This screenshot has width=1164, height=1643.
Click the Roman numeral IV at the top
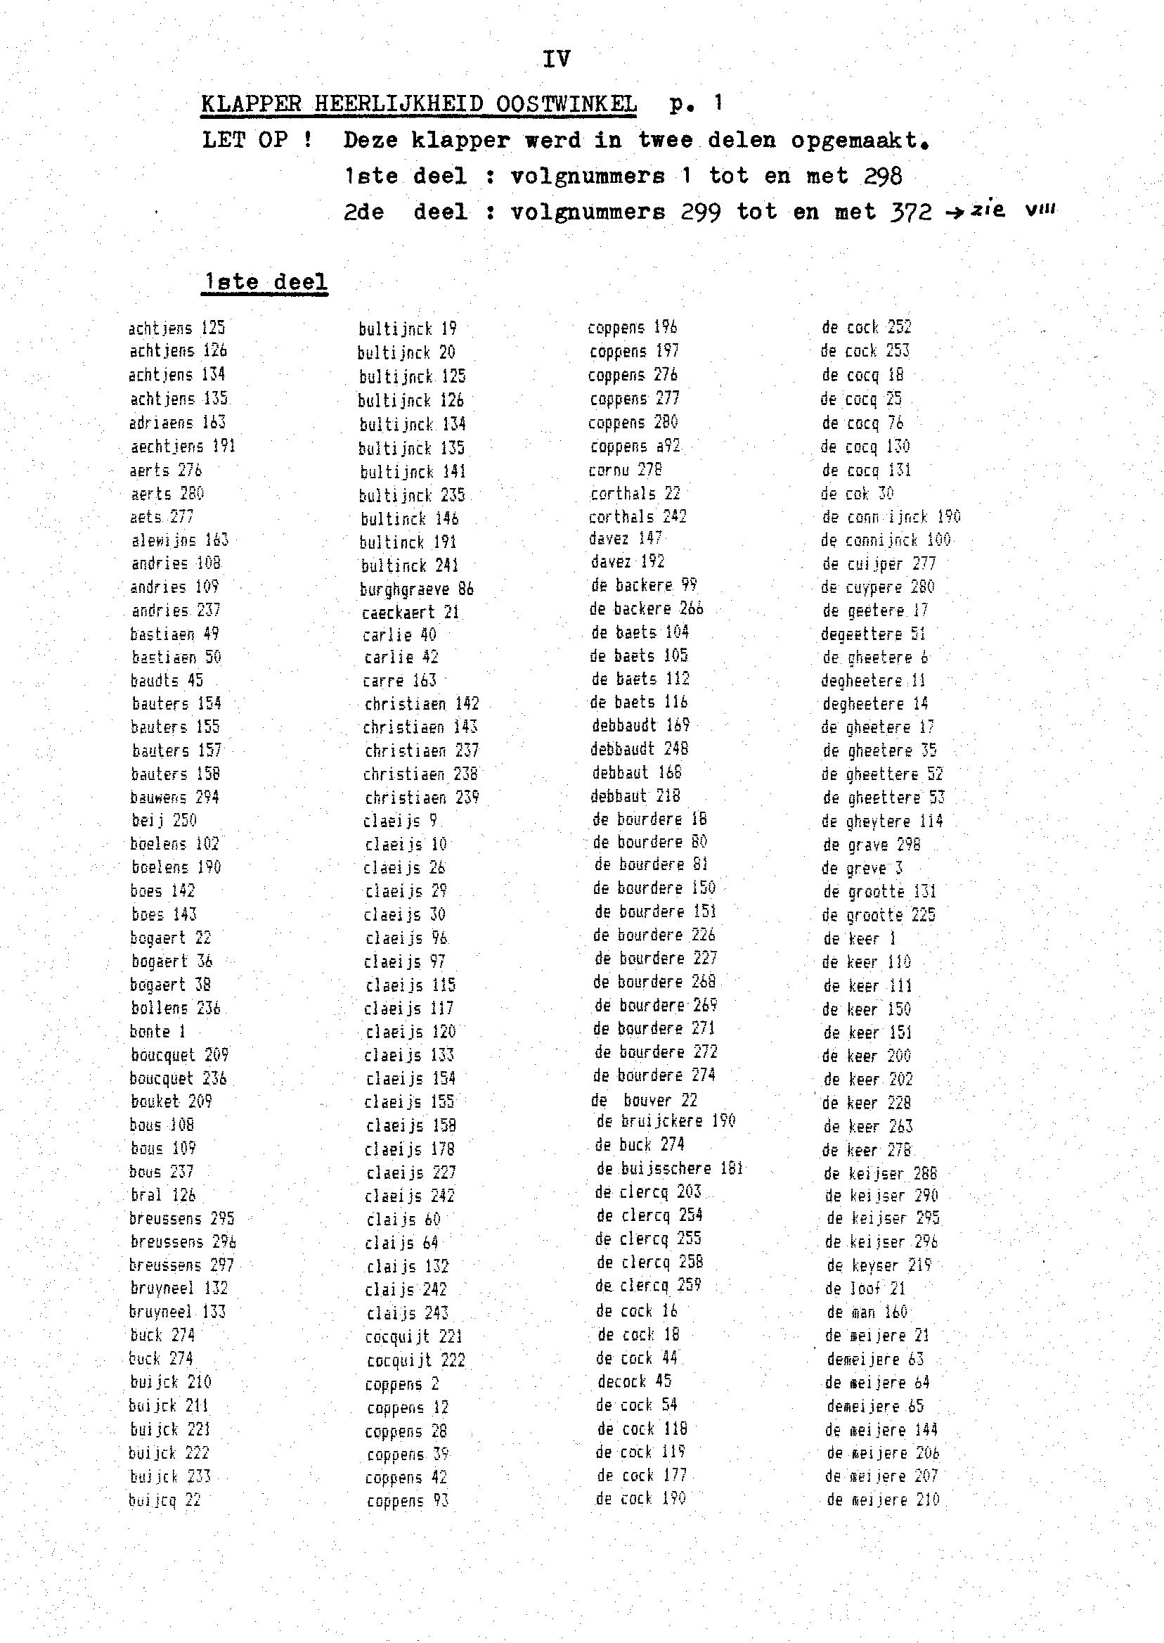(x=556, y=59)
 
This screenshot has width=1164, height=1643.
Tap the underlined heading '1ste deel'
(x=264, y=282)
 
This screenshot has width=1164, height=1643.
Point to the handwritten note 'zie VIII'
(x=1012, y=210)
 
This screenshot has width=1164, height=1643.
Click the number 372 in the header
(x=911, y=212)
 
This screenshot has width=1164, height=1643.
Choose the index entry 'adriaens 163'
(x=177, y=423)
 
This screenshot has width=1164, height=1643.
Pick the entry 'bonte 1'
(x=157, y=1031)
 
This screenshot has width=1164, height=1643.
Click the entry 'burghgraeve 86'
(x=416, y=589)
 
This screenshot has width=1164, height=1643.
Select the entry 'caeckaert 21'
(x=410, y=613)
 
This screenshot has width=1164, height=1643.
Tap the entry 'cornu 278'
(x=625, y=470)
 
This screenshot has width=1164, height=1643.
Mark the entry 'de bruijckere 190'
(x=666, y=1121)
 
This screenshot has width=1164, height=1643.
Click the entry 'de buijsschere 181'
(x=669, y=1169)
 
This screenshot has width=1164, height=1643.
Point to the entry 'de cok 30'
(x=858, y=494)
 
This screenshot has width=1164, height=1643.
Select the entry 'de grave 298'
(x=872, y=845)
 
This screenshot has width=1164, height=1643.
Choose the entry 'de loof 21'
(x=865, y=1289)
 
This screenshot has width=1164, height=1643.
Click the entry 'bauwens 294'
(x=174, y=797)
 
